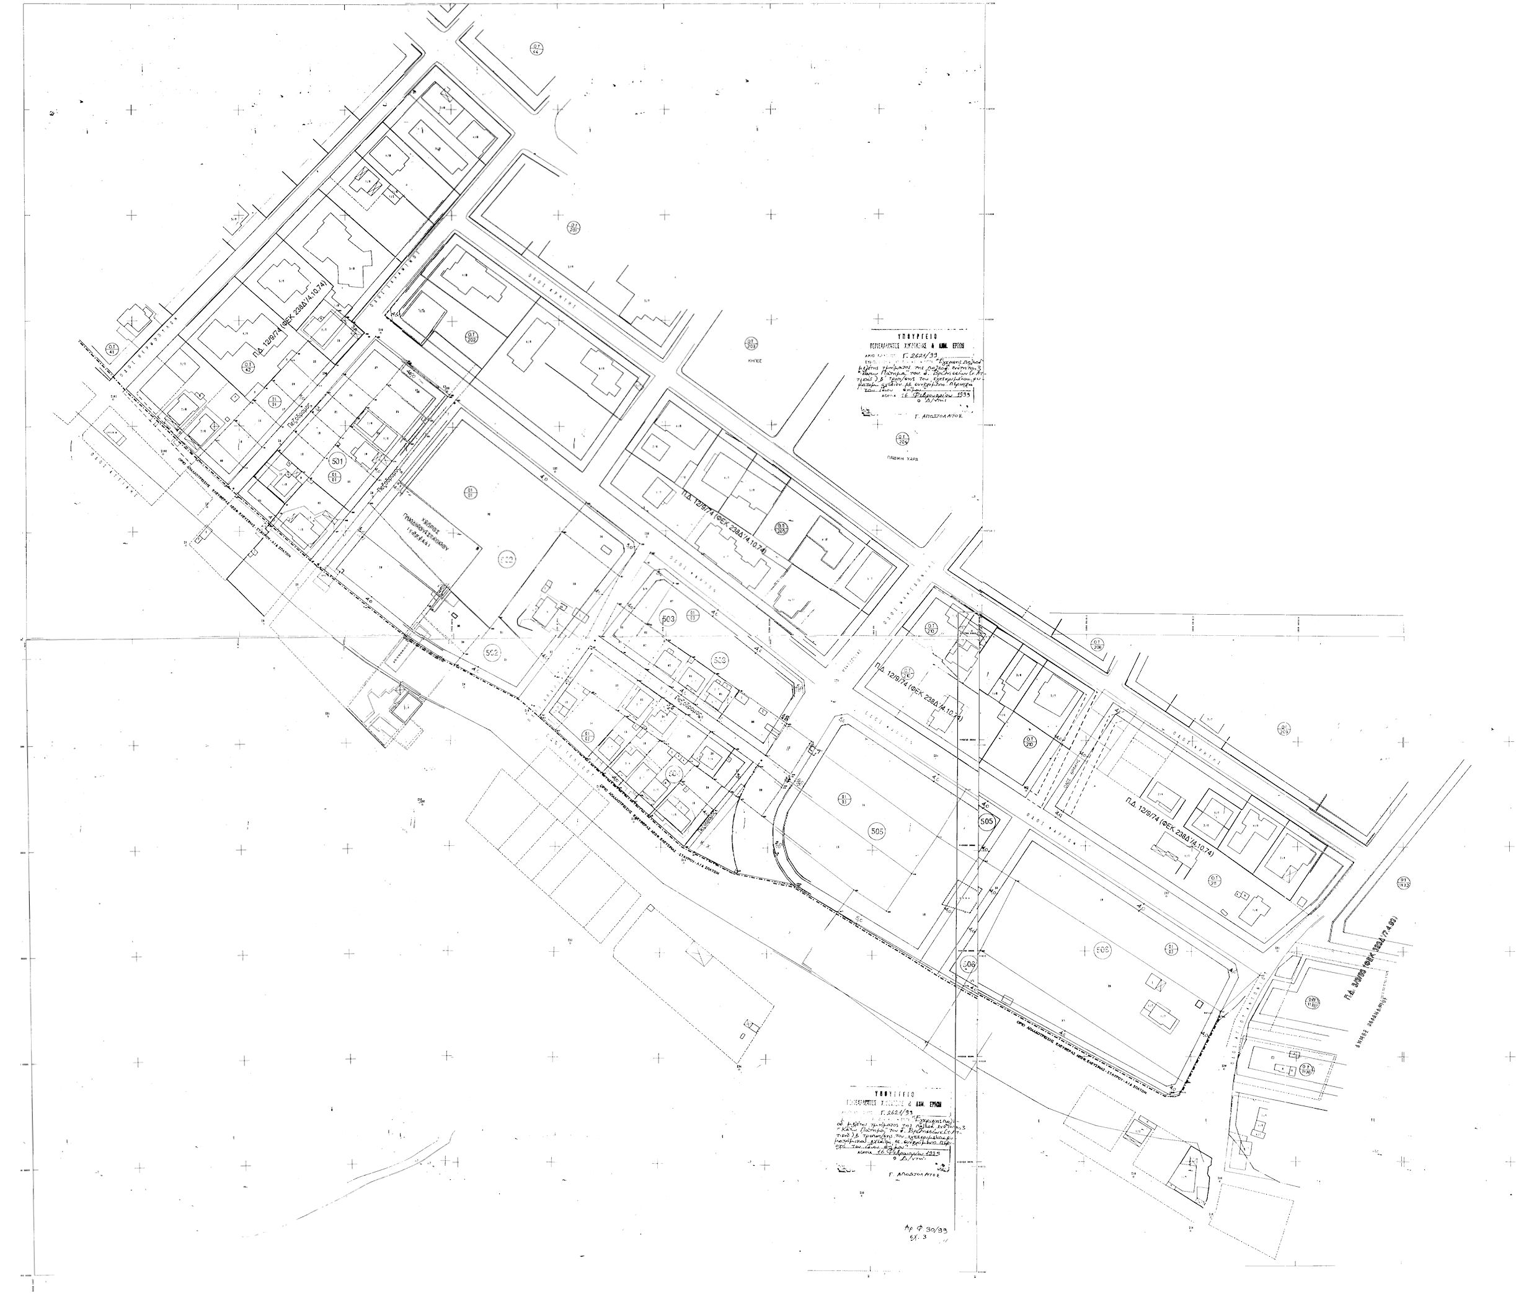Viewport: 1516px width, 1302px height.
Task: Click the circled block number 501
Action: pyautogui.click(x=337, y=462)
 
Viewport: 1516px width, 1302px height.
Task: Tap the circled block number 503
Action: pyautogui.click(x=667, y=615)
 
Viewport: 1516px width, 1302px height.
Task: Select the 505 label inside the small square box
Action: pyautogui.click(x=987, y=822)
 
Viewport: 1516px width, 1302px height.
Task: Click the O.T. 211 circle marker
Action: pyautogui.click(x=1214, y=881)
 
